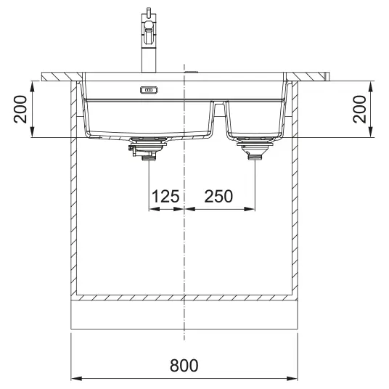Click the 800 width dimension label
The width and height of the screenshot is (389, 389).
(x=184, y=365)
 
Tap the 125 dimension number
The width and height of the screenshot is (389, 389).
(x=165, y=196)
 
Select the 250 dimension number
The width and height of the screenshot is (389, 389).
(x=218, y=196)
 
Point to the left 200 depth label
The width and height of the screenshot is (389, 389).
(x=20, y=109)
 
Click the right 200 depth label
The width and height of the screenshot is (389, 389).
(x=359, y=109)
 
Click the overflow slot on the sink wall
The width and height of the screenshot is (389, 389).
(x=149, y=90)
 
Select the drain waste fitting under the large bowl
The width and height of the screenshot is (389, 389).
(x=147, y=148)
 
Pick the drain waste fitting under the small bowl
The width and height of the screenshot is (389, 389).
(x=255, y=148)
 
